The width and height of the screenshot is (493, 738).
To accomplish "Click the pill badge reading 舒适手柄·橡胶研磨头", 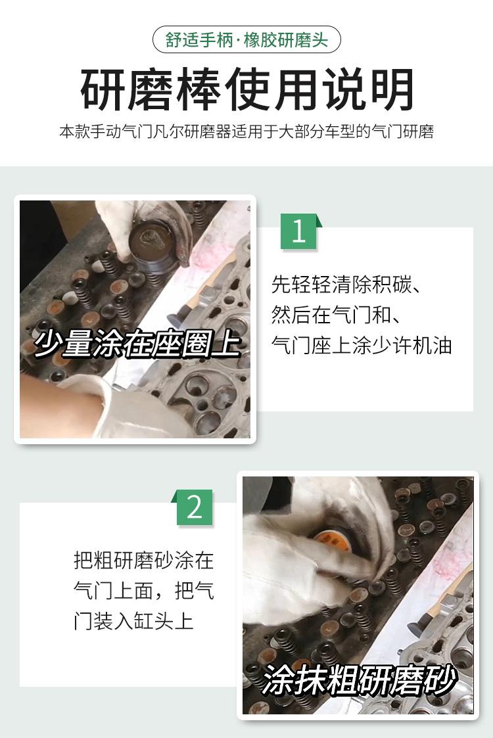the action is tap(246, 39).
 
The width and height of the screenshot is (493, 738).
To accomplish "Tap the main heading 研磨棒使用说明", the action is tap(246, 89).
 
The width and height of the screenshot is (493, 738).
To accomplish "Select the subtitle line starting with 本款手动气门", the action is tap(246, 131).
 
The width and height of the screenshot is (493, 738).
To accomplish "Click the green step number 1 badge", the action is tap(300, 231).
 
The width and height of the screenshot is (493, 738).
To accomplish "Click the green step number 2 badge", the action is tap(193, 507).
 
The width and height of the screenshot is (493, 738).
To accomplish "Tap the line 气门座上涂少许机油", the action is tap(362, 346).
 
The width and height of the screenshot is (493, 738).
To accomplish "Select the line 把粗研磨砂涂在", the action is tap(143, 561).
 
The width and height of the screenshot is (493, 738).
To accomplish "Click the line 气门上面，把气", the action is tap(143, 591).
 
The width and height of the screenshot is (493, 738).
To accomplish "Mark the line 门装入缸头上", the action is tap(133, 621).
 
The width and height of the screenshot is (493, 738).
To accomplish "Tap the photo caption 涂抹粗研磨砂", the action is tap(359, 680).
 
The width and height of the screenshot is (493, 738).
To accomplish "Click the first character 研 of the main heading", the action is tap(102, 89).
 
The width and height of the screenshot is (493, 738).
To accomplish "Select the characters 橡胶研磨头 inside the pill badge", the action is tap(286, 39).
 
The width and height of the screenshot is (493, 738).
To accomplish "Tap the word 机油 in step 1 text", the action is tap(432, 346).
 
